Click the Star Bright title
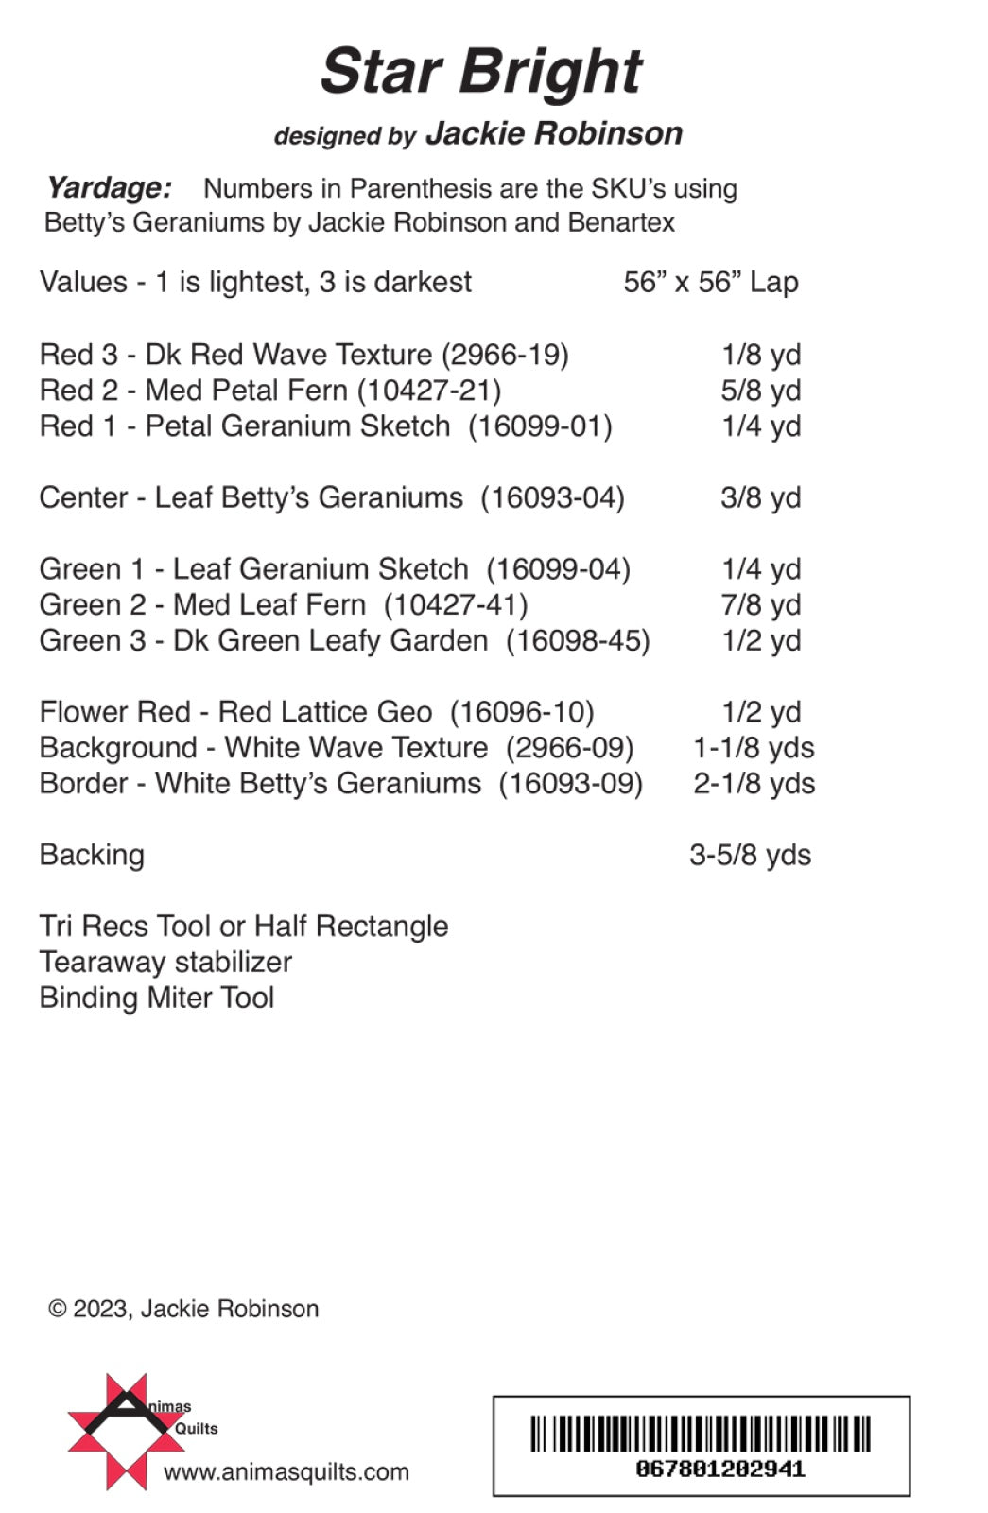481,72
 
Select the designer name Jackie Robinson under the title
553,133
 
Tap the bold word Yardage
110,187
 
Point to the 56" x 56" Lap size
711,282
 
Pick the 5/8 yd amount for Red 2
760,391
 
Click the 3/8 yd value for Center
760,497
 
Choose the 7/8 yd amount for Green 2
760,605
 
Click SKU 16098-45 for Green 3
578,641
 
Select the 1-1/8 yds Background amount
754,748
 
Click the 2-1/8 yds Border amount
754,784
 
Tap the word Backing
92,855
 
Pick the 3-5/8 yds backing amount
750,855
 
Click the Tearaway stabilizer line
165,962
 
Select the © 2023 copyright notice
183,1309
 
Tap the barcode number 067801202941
720,1470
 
